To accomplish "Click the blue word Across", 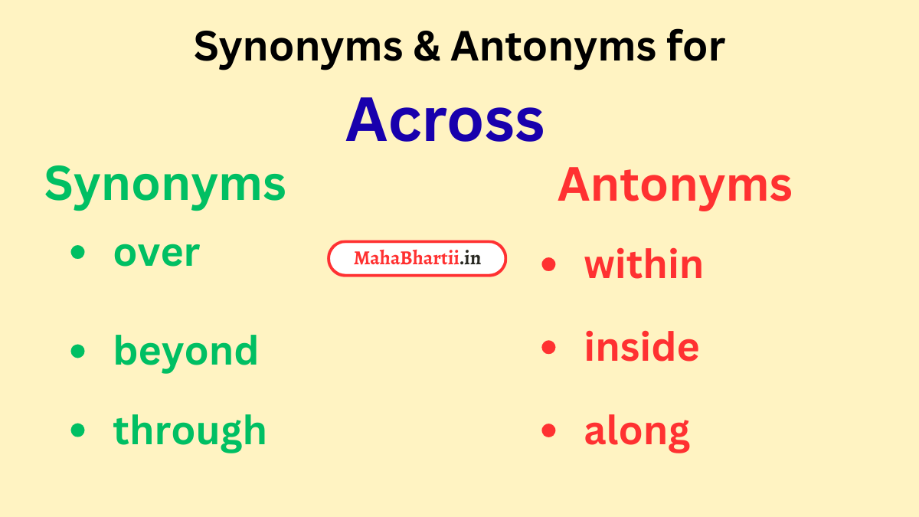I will [x=445, y=120].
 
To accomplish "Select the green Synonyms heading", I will [x=165, y=185].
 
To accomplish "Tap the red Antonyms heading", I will [x=675, y=185].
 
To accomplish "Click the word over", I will [x=156, y=254].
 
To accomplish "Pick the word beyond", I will [x=185, y=352].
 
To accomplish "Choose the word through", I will [x=190, y=430].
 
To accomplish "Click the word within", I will [x=643, y=265].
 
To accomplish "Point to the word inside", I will [x=642, y=347].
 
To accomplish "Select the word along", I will [x=636, y=431].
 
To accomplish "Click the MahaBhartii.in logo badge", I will [x=417, y=259].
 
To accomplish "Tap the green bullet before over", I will [x=77, y=253].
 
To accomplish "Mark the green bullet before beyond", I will [x=77, y=350].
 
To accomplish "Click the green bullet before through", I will [x=77, y=430].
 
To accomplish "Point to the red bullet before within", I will [x=548, y=264].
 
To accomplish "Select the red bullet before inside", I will [x=548, y=347].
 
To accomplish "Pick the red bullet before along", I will [x=548, y=430].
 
